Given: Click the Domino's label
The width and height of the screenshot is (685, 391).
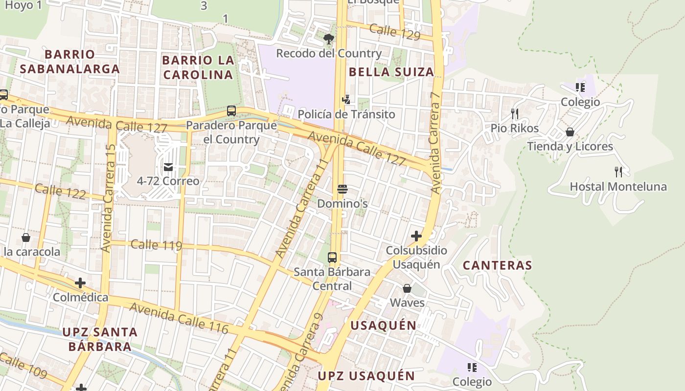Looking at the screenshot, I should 342,203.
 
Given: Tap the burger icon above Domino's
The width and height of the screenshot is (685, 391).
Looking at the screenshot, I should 342,189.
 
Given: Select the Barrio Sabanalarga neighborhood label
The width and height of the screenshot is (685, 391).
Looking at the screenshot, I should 69,61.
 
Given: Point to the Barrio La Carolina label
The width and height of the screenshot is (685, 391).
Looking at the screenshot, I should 198,67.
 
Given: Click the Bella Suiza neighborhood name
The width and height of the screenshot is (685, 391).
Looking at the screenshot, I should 391,72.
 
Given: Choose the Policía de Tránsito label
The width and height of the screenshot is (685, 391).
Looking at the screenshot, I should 346,114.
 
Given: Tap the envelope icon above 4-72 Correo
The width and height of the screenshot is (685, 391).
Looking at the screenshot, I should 168,168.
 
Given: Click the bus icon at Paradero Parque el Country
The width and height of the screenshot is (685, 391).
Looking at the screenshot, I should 231,111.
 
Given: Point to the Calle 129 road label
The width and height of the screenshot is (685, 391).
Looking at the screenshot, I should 394,32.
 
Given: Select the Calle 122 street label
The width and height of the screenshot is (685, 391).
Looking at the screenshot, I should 61,191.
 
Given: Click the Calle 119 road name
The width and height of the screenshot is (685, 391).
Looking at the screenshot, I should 157,245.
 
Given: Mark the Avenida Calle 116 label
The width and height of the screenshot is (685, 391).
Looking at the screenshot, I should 179,318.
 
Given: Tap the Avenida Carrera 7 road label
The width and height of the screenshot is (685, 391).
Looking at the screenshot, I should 435,143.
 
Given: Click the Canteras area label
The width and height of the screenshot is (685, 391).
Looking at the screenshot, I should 497,265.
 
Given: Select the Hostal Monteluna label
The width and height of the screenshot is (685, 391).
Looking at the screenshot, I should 618,186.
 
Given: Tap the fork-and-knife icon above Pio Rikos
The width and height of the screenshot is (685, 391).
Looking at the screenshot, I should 514,114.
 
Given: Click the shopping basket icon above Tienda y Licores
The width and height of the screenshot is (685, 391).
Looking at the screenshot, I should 570,132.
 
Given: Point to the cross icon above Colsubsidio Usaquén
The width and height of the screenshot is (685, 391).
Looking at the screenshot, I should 416,237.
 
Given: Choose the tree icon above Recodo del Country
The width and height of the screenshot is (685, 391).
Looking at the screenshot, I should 328,39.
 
